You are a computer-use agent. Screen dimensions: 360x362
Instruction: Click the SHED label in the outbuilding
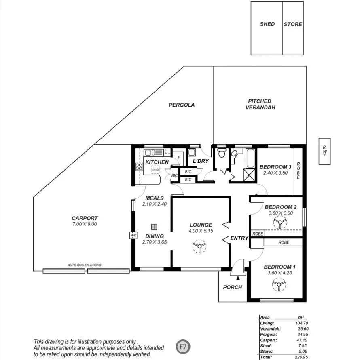[267, 24]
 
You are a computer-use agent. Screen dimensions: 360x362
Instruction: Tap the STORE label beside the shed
[292, 24]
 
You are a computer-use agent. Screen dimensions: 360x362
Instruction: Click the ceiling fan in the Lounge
[199, 246]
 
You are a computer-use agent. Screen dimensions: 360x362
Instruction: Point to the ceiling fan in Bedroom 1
[278, 285]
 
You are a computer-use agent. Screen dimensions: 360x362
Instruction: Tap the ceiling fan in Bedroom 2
[279, 223]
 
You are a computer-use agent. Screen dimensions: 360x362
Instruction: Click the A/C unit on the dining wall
[133, 236]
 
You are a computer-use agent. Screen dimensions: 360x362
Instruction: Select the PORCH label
[232, 287]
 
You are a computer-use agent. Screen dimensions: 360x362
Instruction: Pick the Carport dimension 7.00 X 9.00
[85, 224]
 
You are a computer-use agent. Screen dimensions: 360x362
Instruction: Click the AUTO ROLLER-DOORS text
[85, 265]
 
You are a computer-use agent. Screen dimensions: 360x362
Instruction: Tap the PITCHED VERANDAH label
[260, 104]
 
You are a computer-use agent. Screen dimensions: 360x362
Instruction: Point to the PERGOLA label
[182, 105]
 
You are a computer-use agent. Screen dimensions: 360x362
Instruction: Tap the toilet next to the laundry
[221, 154]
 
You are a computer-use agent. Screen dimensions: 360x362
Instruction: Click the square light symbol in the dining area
[154, 227]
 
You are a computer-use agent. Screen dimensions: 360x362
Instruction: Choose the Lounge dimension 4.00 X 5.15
[200, 231]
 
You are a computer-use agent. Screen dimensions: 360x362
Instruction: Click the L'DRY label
[200, 161]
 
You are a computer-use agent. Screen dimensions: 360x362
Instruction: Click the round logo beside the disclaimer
[183, 346]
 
